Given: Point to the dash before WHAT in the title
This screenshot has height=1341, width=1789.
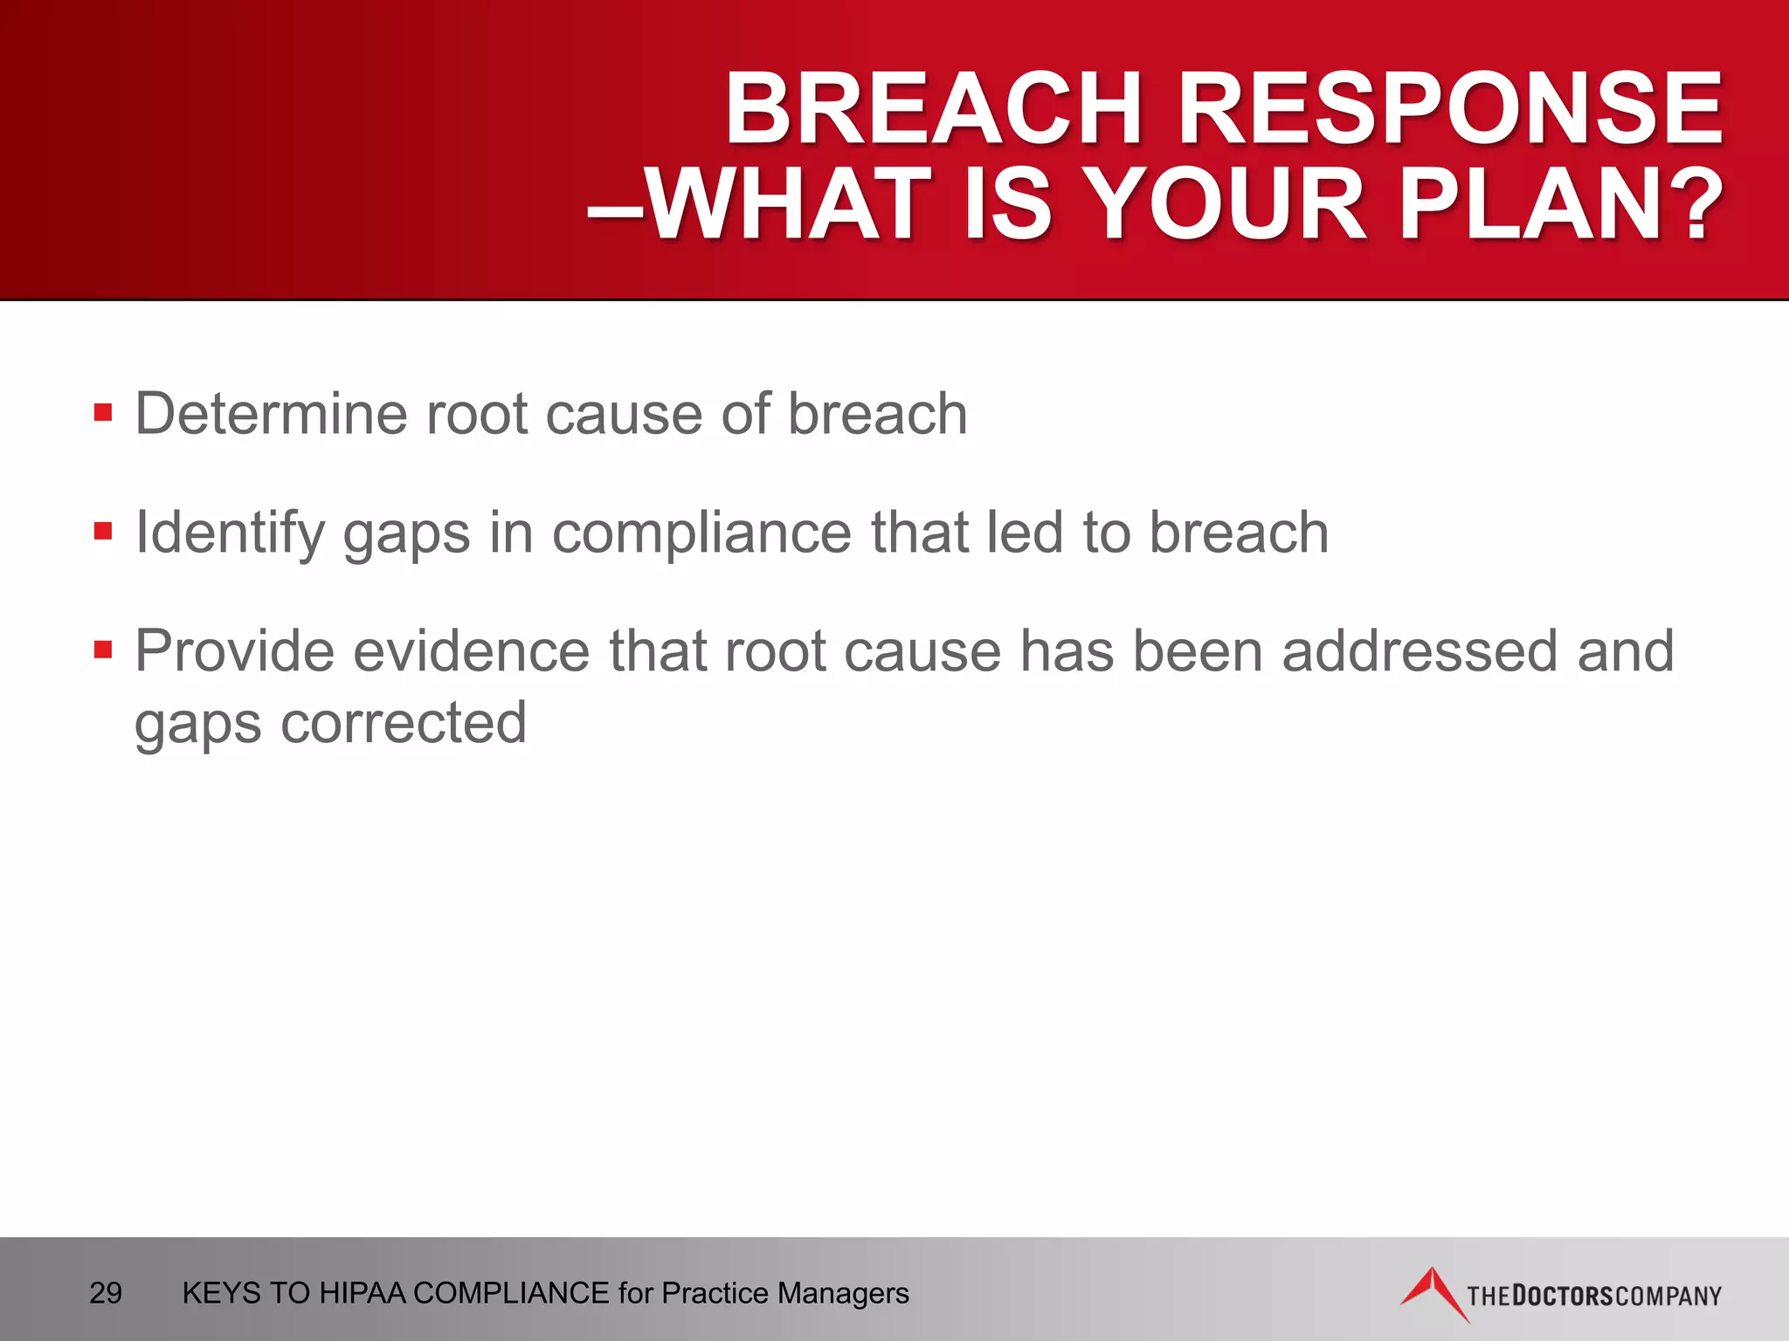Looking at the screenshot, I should (x=615, y=210).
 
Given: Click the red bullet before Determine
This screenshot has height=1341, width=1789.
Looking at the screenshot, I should (x=103, y=412).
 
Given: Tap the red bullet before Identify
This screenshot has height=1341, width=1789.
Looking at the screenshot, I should (x=103, y=531).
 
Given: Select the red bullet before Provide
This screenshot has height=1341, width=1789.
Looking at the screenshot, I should (x=103, y=650).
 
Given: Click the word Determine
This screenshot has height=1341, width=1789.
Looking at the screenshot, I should (x=270, y=413).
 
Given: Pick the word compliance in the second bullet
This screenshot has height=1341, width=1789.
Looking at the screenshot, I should (x=701, y=533).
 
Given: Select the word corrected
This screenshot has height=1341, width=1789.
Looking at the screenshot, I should (x=404, y=723).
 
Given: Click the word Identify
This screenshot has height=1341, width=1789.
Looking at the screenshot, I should (x=229, y=533).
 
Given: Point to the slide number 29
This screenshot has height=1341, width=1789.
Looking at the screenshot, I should (x=106, y=1293).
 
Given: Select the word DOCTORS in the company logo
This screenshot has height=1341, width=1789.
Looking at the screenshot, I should (x=1561, y=1296).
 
